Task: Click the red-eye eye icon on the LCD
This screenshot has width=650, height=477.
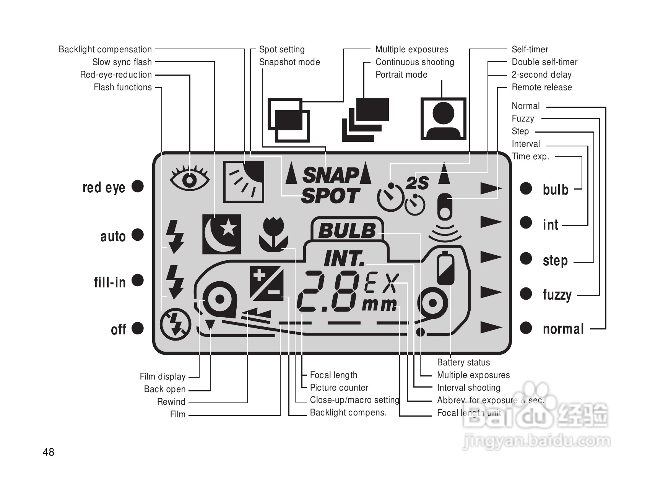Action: [x=190, y=178]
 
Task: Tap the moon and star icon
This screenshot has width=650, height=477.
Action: [x=221, y=234]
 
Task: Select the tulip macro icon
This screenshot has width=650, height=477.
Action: [x=273, y=234]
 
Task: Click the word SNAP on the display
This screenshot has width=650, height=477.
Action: [x=330, y=175]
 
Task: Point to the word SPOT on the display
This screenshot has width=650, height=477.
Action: [x=330, y=196]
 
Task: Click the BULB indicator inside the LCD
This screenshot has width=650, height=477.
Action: [x=347, y=230]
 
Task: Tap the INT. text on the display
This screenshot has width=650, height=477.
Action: [x=344, y=258]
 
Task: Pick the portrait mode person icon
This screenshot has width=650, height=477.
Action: [x=444, y=118]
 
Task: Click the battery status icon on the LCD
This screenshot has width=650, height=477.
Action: [x=445, y=268]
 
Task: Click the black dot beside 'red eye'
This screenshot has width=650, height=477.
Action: [x=138, y=186]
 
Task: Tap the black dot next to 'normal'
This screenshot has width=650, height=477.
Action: [x=526, y=328]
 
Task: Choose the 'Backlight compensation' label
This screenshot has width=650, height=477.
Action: [x=105, y=49]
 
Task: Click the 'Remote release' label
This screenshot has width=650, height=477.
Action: [x=542, y=87]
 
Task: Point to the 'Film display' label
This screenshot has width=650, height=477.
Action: [x=162, y=376]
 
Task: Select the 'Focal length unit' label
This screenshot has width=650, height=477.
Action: [x=469, y=412]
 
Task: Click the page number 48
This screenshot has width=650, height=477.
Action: [x=49, y=452]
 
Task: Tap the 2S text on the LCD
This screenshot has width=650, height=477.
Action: [x=417, y=183]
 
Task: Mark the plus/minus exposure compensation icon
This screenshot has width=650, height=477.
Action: [x=266, y=284]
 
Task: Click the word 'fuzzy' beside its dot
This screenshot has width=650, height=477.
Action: [x=557, y=295]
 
